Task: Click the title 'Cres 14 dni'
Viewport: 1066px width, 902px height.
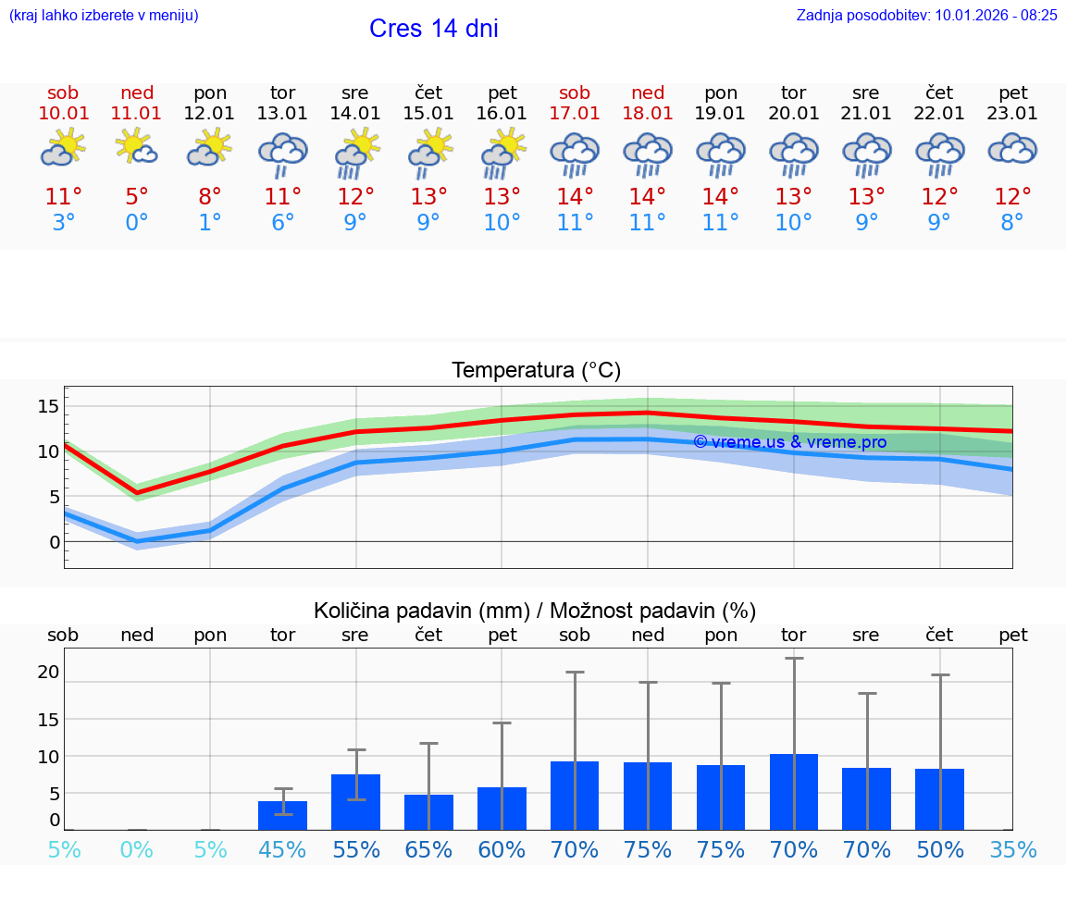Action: (433, 29)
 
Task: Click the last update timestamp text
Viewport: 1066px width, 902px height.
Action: (926, 15)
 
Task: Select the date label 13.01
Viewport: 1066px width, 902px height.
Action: (282, 113)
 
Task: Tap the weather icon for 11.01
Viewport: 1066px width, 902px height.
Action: (136, 148)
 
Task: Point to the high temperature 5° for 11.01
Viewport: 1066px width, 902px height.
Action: (136, 197)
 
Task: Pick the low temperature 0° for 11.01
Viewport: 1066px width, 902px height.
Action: (136, 223)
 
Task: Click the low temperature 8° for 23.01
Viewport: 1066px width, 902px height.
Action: (1012, 223)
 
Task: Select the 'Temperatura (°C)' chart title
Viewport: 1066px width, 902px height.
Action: (536, 371)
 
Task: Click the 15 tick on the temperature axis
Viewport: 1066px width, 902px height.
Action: (48, 406)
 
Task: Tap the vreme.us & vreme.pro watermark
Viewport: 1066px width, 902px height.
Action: (789, 442)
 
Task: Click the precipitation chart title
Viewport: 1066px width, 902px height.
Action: (535, 611)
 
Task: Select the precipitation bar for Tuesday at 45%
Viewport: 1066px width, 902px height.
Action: (282, 816)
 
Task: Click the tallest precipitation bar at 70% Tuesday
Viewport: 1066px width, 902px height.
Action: (793, 792)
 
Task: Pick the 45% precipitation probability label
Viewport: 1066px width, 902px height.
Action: (282, 849)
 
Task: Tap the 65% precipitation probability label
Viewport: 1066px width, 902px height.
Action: (428, 849)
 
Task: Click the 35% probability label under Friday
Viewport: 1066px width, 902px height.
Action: (1012, 849)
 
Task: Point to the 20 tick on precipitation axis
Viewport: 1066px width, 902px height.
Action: (48, 673)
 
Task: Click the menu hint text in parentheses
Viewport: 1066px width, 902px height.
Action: (104, 15)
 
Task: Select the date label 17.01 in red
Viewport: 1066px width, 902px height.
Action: (575, 113)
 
